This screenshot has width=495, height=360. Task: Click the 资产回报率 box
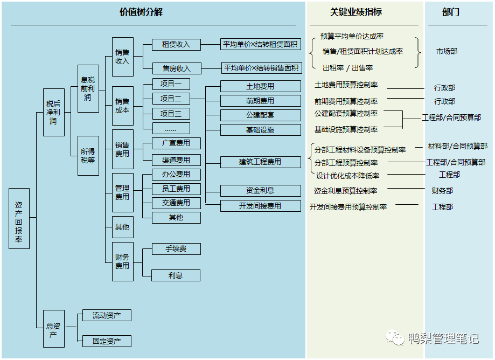(x=19, y=218)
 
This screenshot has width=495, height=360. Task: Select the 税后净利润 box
(x=53, y=112)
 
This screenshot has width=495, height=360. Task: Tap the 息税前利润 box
(x=88, y=89)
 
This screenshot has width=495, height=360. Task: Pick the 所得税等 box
(x=88, y=156)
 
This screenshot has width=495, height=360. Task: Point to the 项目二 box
(x=171, y=99)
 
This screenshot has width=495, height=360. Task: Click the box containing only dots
(x=171, y=129)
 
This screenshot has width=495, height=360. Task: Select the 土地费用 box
(x=260, y=86)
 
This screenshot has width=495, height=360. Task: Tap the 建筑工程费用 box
(x=260, y=162)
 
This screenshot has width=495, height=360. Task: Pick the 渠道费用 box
(x=176, y=160)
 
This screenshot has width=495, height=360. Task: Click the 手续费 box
(x=176, y=249)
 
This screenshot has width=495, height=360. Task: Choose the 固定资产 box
(x=107, y=341)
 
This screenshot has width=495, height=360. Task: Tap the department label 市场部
(x=447, y=52)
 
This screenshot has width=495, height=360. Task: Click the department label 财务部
(x=442, y=191)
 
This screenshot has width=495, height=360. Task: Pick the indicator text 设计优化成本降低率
(x=347, y=176)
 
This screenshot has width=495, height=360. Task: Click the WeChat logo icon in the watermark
(x=396, y=338)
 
